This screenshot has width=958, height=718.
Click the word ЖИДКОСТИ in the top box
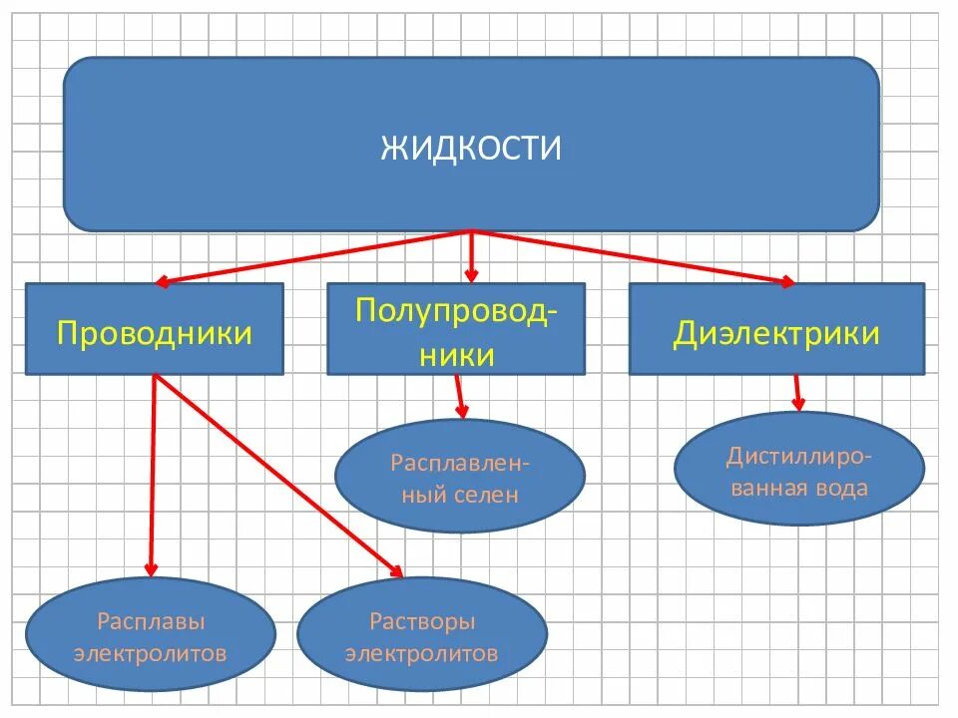point(471,149)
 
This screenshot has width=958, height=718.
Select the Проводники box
point(154,329)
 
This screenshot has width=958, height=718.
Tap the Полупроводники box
point(456,329)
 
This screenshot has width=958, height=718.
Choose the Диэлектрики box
point(776,329)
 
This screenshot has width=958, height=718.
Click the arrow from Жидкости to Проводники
point(309,257)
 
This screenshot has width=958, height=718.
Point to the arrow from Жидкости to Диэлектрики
point(634,257)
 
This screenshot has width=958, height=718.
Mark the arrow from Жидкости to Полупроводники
point(472,256)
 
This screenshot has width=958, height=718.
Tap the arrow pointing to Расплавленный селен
point(460,396)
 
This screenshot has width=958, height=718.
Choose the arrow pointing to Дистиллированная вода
point(797,392)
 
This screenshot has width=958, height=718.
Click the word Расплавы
point(151,622)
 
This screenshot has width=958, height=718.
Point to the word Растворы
point(422,622)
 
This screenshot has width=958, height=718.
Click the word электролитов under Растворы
point(422,654)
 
